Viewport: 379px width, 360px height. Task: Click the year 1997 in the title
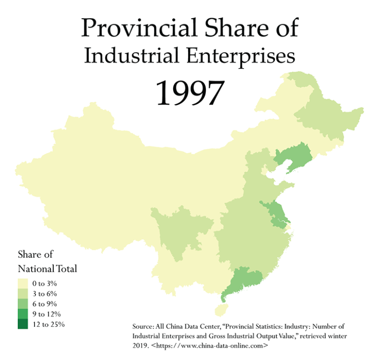[x=189, y=92]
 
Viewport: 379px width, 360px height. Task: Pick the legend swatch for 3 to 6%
[x=23, y=294]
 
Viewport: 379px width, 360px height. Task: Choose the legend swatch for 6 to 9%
[x=23, y=304]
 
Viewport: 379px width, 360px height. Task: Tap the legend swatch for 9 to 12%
[x=23, y=314]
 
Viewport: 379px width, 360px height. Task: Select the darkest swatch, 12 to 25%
[x=23, y=324]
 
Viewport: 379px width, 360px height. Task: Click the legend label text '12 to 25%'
[x=48, y=324]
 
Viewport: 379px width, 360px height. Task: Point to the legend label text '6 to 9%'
[x=46, y=304]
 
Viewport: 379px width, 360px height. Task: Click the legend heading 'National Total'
[x=47, y=269]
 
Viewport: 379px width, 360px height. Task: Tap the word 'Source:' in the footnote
[x=144, y=326]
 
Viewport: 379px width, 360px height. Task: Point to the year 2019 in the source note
[x=141, y=346]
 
